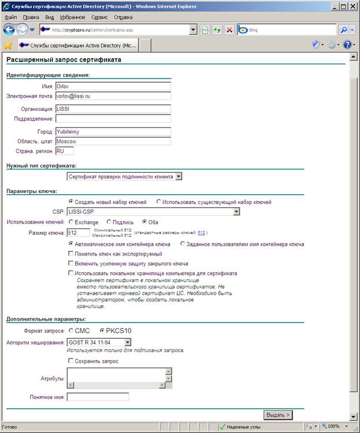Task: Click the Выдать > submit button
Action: (277, 415)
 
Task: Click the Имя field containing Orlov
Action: (113, 86)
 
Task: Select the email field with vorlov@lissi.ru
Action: (113, 96)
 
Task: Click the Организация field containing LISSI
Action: (113, 108)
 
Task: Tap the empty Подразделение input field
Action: (113, 119)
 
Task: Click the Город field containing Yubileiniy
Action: (113, 131)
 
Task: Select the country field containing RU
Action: (64, 151)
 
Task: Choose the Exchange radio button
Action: (71, 222)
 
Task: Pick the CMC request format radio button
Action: (71, 331)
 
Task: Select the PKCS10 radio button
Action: (102, 331)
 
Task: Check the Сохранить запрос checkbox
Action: (70, 361)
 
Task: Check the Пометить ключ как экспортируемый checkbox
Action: (71, 254)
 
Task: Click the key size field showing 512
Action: (79, 232)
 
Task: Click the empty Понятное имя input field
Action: (98, 397)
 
